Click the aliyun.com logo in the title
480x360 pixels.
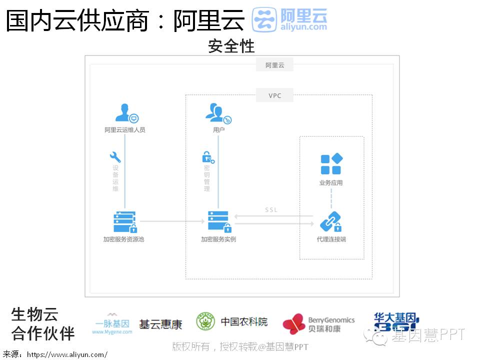(x=289, y=20)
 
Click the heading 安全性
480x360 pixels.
(x=231, y=46)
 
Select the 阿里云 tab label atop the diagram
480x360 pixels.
(x=274, y=65)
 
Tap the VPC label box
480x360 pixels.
(x=274, y=95)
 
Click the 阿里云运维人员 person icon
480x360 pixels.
(x=125, y=113)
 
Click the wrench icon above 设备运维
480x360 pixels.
(x=115, y=157)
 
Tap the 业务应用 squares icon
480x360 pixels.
(x=331, y=164)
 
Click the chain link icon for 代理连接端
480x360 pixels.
(x=330, y=221)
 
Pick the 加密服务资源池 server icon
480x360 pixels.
(x=125, y=222)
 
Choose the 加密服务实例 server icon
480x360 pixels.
(x=219, y=221)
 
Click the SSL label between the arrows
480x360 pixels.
(x=271, y=210)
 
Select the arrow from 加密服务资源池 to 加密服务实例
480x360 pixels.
(x=173, y=220)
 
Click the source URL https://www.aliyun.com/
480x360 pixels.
(x=67, y=354)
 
